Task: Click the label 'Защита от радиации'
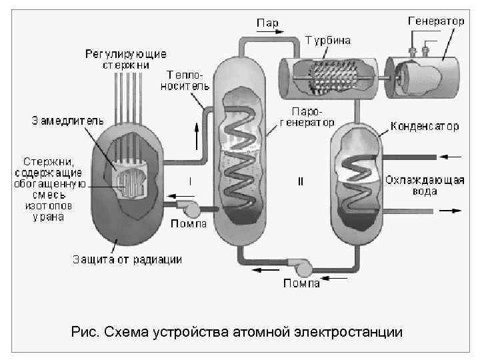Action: coord(127,259)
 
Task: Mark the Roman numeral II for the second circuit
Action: coord(301,181)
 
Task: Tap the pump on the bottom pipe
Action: coord(303,266)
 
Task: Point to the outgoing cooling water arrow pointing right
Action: coord(451,211)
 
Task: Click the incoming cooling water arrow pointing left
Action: coord(451,157)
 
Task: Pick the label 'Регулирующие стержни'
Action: coord(125,59)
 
